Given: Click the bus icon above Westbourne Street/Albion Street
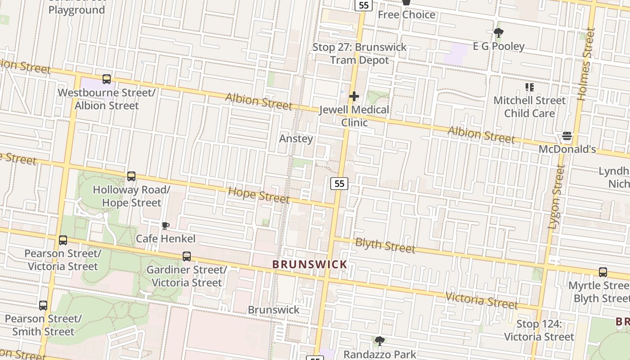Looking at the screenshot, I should (107, 79).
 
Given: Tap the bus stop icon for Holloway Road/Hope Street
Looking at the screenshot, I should (131, 176).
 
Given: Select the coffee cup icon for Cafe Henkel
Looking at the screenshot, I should (165, 225).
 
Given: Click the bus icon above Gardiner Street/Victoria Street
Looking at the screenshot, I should (187, 256).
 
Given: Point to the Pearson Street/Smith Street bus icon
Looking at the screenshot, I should (43, 306).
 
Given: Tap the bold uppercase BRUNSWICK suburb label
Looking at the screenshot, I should (310, 265).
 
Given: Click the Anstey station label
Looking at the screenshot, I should (296, 139).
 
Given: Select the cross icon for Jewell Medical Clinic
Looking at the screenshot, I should (354, 96).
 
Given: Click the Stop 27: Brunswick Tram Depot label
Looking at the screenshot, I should (359, 54).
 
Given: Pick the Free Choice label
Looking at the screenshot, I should (406, 15).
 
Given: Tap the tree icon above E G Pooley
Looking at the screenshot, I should (498, 33).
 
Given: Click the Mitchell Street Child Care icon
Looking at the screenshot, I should (529, 87).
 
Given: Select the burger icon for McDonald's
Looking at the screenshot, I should (567, 136).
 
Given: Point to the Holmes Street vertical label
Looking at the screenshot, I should (586, 64).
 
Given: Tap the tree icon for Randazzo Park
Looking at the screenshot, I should (380, 341).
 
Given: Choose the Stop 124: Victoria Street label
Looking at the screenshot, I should (539, 330).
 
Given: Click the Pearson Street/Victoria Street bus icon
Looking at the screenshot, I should (63, 240).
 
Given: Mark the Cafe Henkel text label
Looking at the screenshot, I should (166, 238).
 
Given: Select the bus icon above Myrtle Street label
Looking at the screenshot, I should (603, 272).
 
